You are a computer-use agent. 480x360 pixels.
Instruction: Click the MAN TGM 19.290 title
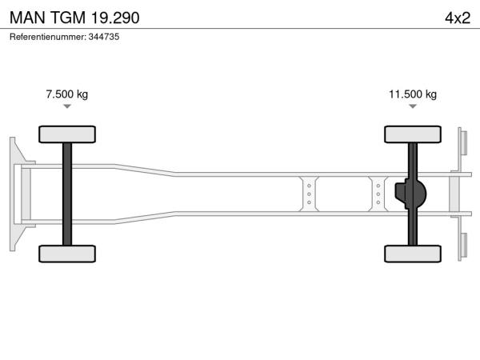point(74,18)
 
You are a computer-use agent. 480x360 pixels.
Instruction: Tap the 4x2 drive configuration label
point(458,18)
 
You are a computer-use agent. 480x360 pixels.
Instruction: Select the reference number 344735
point(104,37)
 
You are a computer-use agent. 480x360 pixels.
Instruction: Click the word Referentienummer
point(48,37)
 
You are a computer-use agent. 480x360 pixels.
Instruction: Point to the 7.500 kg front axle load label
point(67,94)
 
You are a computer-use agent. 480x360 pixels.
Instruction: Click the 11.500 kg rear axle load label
point(413,94)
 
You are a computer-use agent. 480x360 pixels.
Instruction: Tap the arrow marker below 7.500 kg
point(67,106)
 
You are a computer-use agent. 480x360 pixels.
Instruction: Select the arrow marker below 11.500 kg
point(413,106)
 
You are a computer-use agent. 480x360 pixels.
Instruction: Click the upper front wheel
point(67,134)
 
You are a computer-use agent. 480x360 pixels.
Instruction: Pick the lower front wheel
point(67,254)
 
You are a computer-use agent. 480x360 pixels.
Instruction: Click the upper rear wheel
point(413,134)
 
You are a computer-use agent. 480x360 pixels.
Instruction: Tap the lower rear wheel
point(413,254)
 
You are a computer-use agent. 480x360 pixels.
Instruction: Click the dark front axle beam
point(67,194)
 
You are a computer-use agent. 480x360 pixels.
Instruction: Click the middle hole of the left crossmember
point(309,194)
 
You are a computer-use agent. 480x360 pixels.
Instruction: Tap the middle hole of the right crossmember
point(378,194)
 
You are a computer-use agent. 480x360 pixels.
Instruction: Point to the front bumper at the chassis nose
point(13,194)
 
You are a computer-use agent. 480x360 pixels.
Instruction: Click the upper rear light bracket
point(463,143)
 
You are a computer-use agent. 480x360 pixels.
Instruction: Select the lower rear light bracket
point(463,245)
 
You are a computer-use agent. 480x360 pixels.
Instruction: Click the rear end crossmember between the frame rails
point(454,194)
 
